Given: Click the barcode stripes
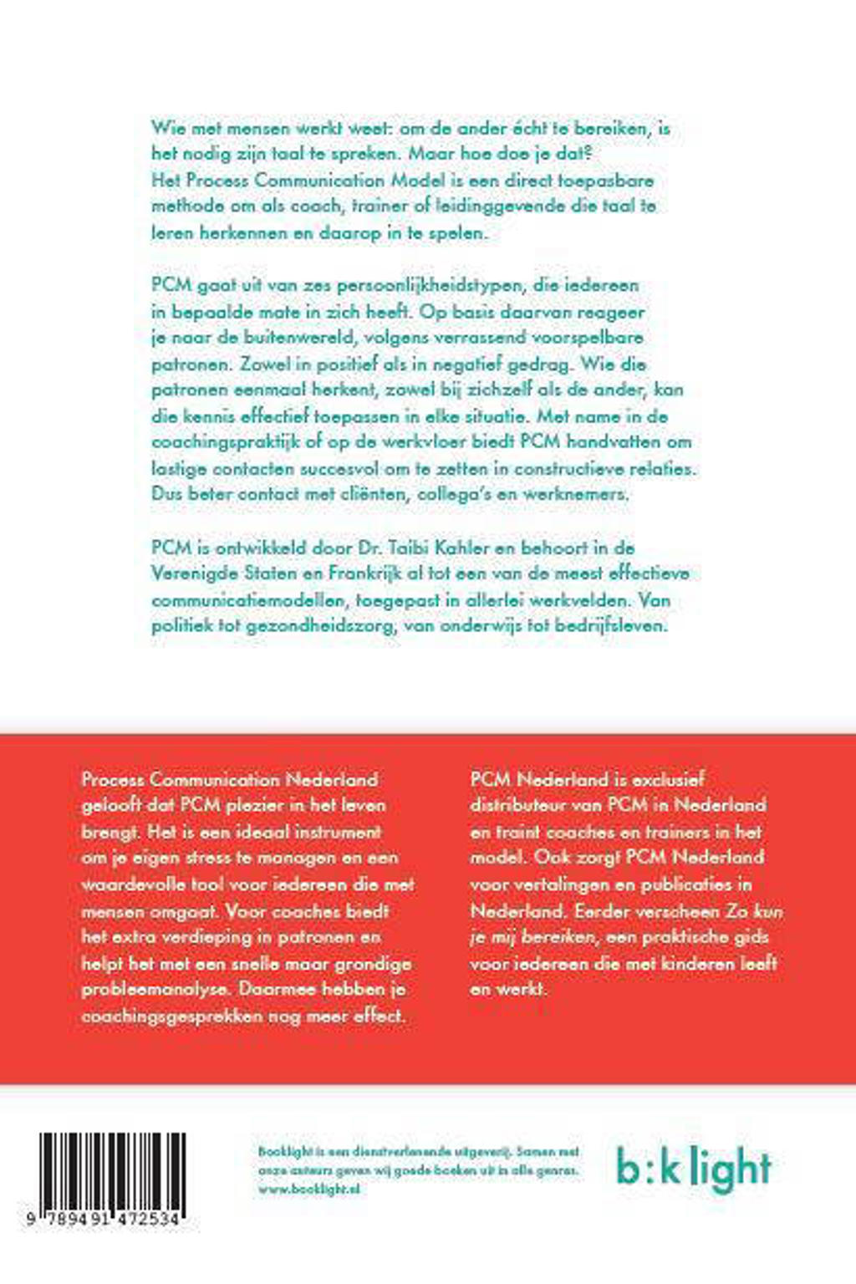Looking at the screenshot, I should tap(113, 1170).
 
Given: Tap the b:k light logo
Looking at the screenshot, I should tap(694, 1167).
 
